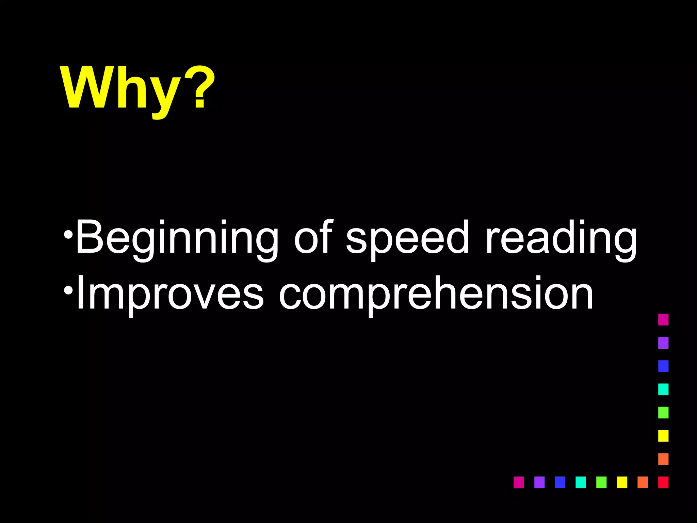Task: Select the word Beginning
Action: (x=177, y=238)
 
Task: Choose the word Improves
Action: (x=170, y=295)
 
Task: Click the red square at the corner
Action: (x=663, y=482)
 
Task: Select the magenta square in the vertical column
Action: (x=663, y=320)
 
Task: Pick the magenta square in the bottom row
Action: (x=519, y=482)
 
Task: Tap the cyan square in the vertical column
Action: (x=663, y=389)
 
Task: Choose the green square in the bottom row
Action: (x=601, y=482)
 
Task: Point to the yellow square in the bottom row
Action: (x=622, y=482)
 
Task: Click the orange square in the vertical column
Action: (x=663, y=459)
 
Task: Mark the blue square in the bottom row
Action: (x=560, y=482)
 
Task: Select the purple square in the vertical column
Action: (x=663, y=343)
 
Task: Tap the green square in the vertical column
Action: (x=663, y=412)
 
